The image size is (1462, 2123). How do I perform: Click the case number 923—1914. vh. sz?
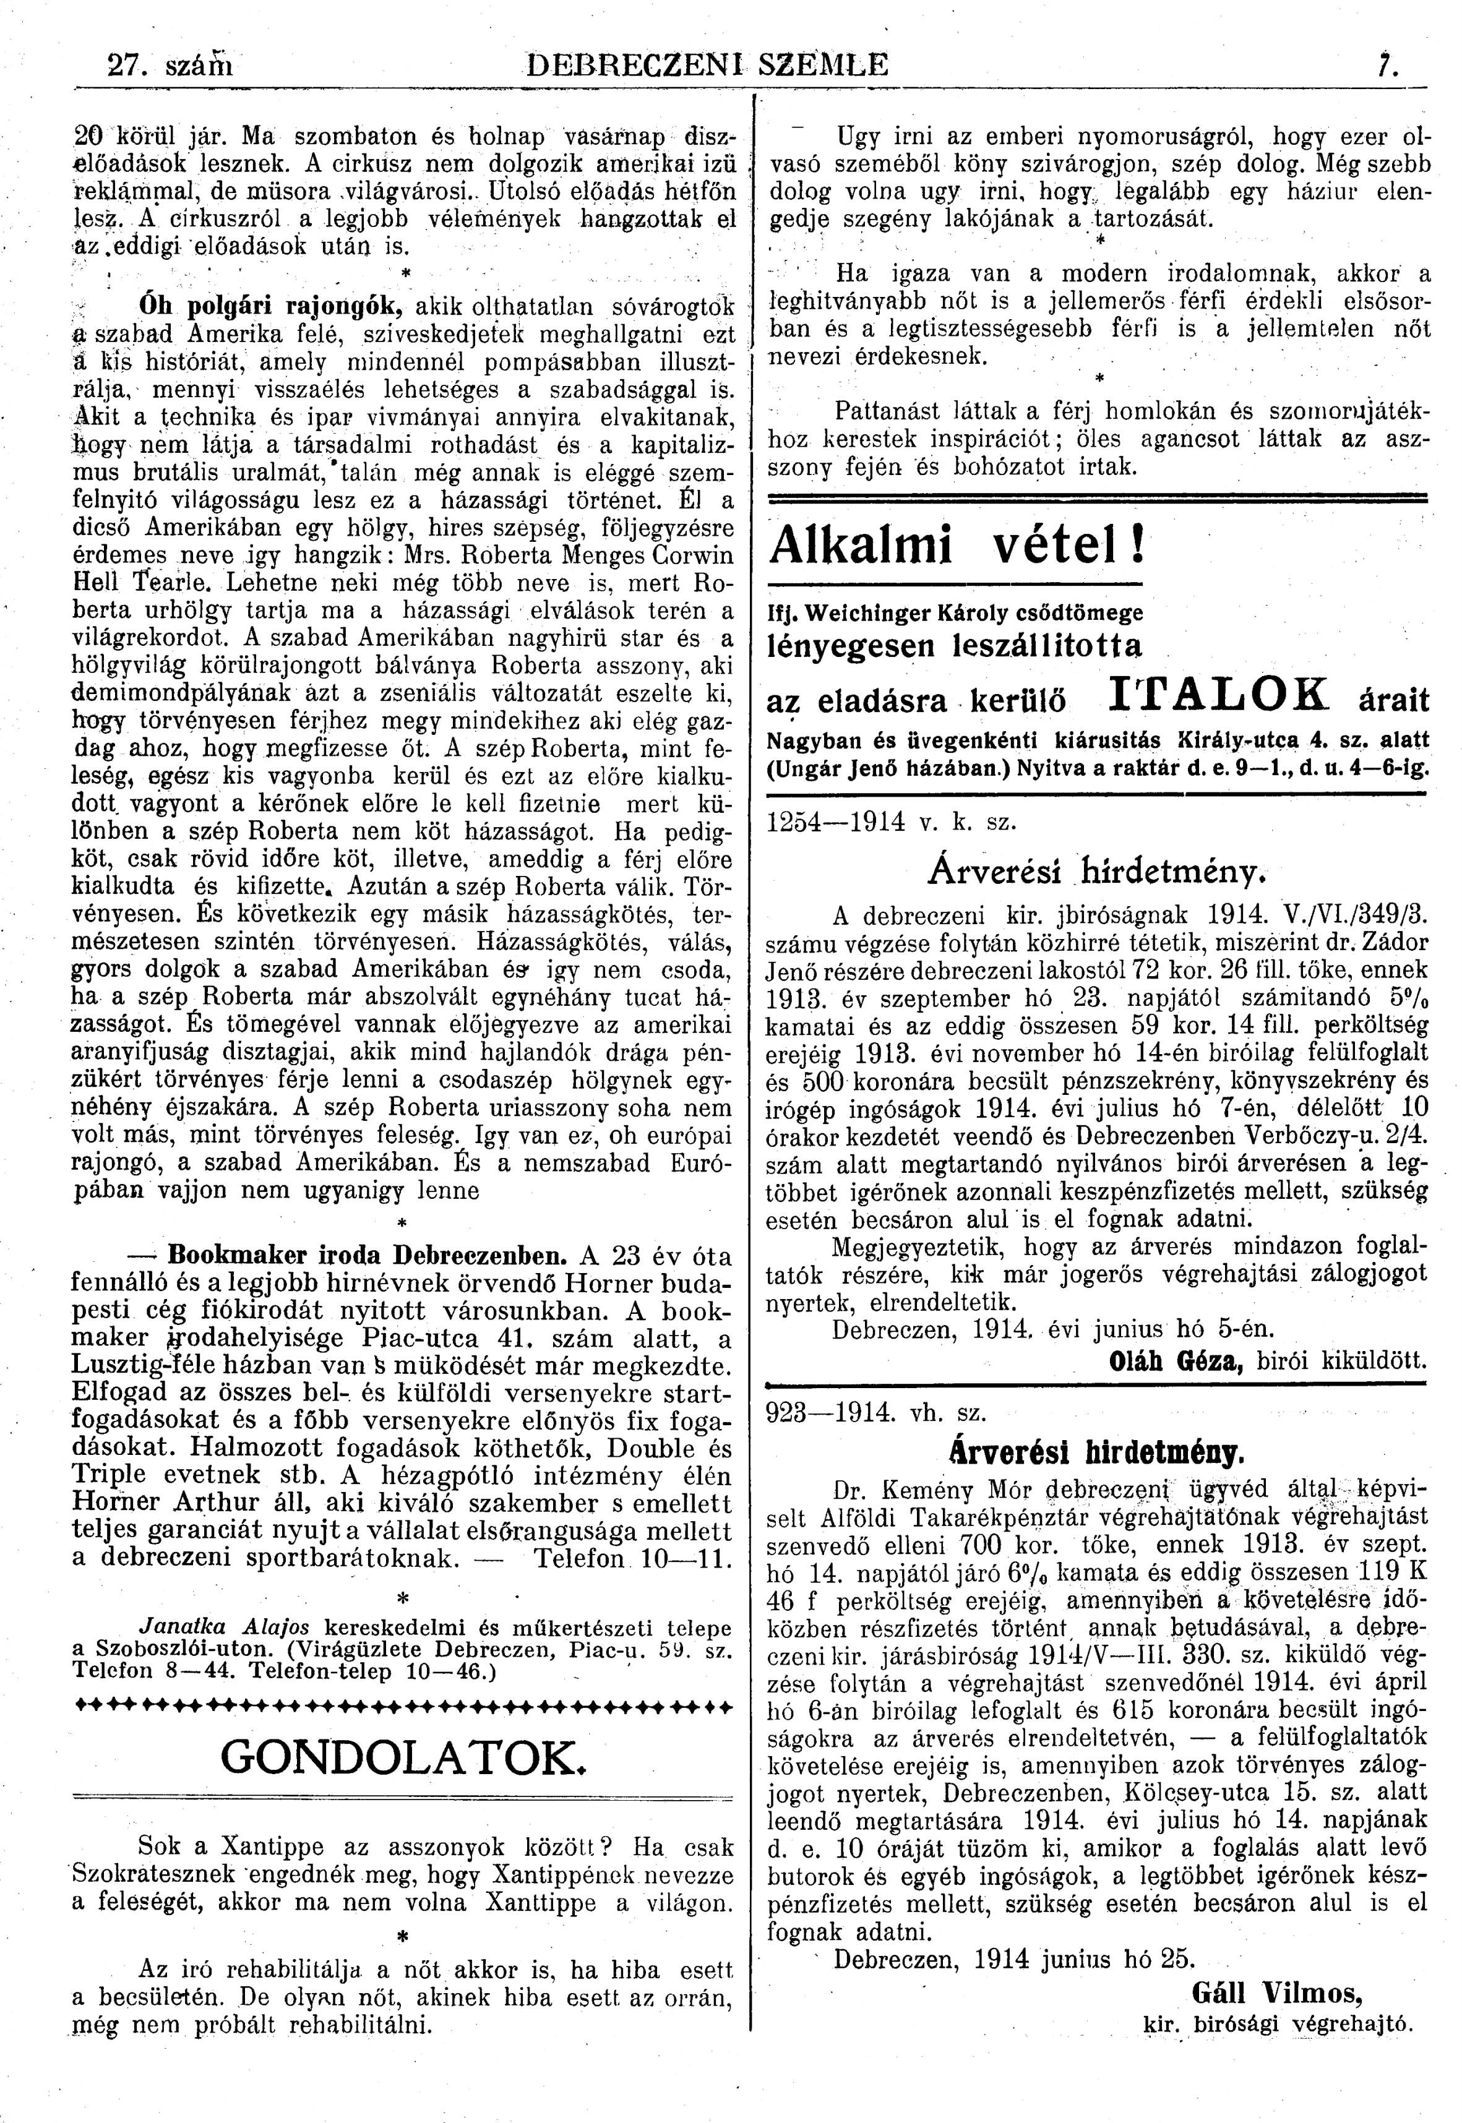[875, 1412]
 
